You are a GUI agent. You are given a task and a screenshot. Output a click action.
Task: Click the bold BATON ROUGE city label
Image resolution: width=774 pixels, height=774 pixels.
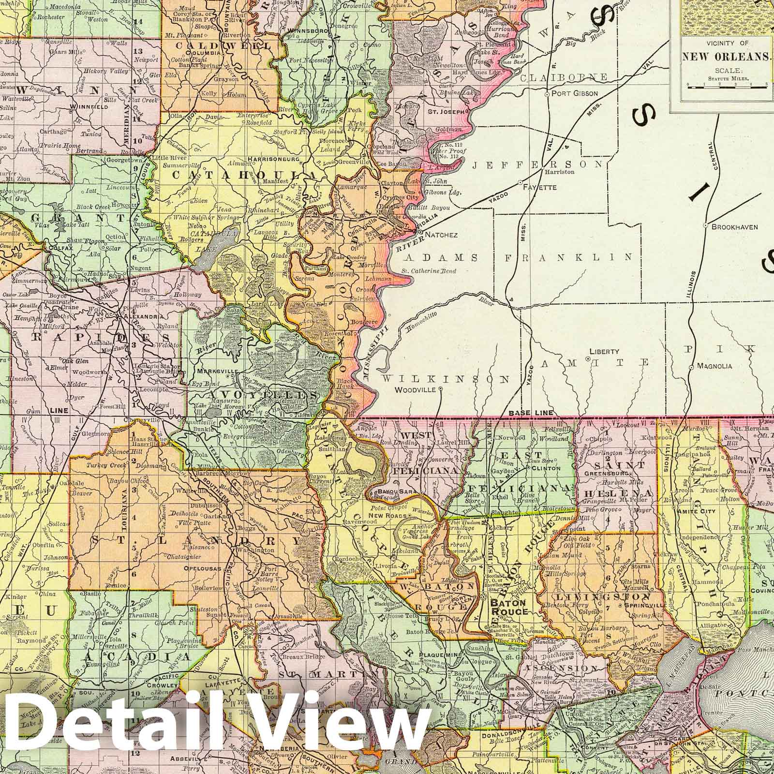509,608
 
